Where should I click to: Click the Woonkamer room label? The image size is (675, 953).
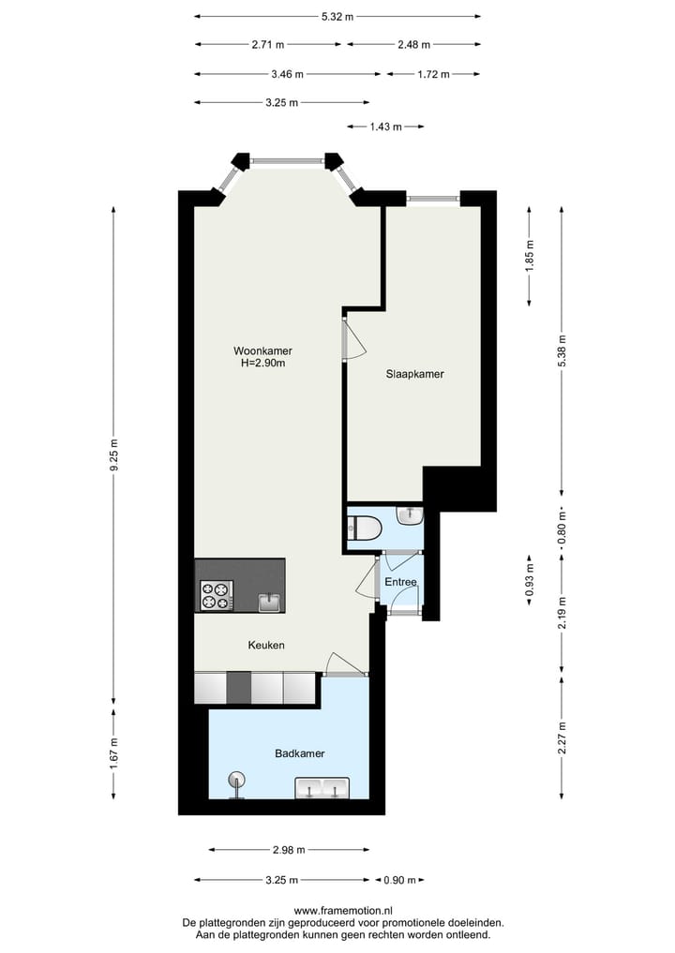click(x=256, y=351)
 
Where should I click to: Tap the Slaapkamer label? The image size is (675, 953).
click(x=414, y=374)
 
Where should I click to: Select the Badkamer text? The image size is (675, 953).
click(x=300, y=753)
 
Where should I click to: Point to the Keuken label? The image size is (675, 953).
click(x=266, y=645)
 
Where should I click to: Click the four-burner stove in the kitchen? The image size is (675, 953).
click(x=216, y=595)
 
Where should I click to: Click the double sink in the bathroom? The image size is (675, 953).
click(x=322, y=788)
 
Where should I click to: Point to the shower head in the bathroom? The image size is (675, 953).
click(x=236, y=779)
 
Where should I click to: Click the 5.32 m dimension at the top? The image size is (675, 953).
click(x=337, y=16)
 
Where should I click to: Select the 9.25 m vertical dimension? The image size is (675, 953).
click(x=114, y=456)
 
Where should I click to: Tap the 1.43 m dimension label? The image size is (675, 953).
click(x=385, y=127)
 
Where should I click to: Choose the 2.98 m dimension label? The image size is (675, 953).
click(x=290, y=850)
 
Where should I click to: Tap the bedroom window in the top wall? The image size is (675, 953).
click(x=432, y=197)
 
